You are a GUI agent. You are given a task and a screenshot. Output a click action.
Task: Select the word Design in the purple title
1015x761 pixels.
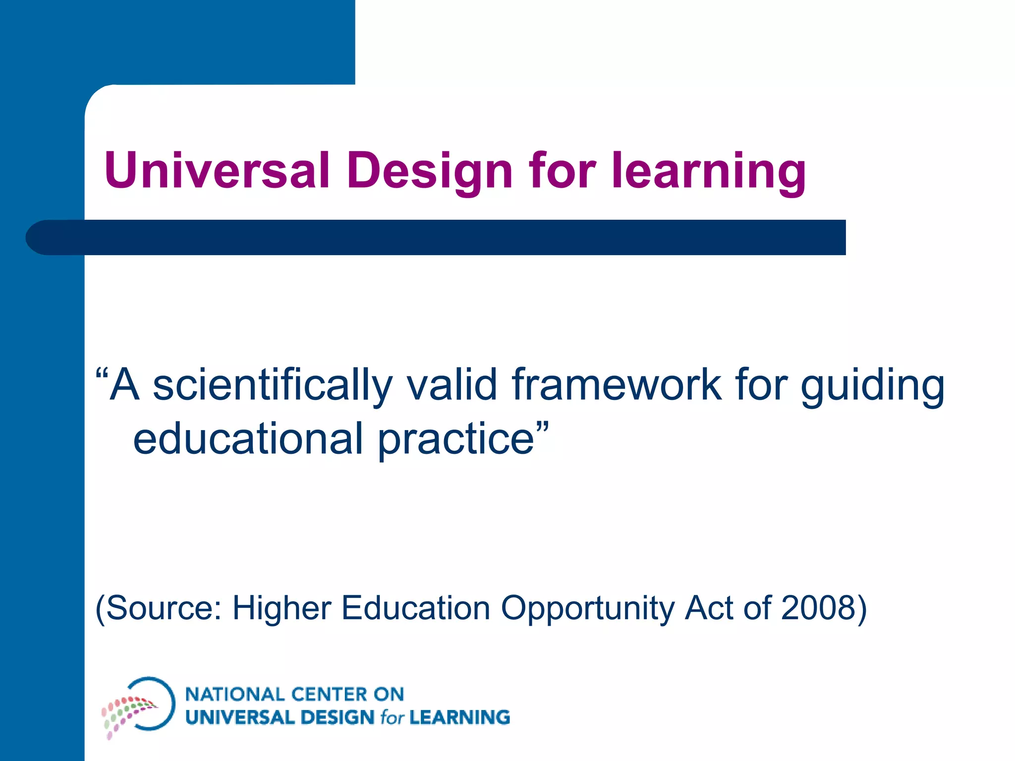coord(429,171)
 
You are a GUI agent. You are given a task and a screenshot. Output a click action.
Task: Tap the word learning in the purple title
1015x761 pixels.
coord(709,171)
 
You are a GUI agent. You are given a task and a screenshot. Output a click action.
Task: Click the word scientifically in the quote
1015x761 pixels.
coord(273,385)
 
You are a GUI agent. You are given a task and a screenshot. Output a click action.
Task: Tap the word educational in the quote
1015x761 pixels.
coord(248,438)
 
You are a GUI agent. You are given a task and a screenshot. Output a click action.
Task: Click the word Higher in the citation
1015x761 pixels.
coord(282,608)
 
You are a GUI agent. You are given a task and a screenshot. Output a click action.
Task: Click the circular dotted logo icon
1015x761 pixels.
coord(139,706)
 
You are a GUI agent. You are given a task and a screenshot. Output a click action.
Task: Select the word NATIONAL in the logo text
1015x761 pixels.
coord(232,694)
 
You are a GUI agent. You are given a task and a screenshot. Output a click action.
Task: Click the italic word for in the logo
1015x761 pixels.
coord(392,717)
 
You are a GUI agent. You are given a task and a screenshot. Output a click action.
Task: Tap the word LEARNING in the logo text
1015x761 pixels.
coord(459,717)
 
